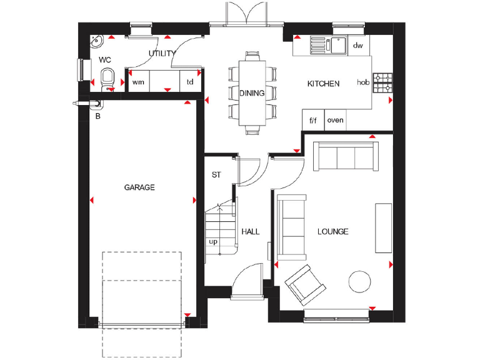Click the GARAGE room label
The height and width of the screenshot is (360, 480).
click(x=139, y=187)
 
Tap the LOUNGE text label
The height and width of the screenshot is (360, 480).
click(x=332, y=232)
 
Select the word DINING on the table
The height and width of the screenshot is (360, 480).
click(x=252, y=93)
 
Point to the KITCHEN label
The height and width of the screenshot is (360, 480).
click(x=323, y=84)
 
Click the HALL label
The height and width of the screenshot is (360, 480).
click(x=251, y=232)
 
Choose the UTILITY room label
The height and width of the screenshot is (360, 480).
click(x=161, y=54)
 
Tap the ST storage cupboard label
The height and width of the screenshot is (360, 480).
click(x=216, y=175)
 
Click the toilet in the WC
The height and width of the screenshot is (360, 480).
click(x=107, y=80)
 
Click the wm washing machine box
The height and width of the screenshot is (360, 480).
click(x=138, y=82)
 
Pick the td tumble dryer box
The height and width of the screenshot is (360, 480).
click(x=190, y=82)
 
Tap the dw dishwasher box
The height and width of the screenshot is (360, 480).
click(x=357, y=46)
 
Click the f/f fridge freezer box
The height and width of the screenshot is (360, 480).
click(x=312, y=120)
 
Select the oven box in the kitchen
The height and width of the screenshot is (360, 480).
click(x=335, y=120)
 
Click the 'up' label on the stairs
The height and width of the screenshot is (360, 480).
click(x=213, y=241)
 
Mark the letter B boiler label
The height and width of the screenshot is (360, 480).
click(x=97, y=116)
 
